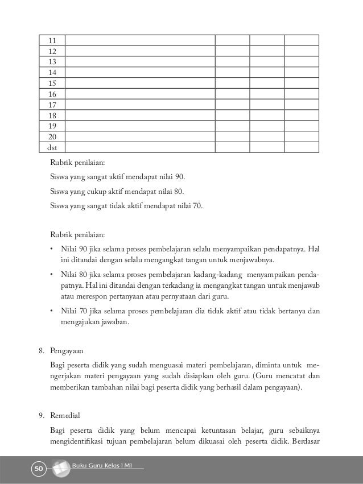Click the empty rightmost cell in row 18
tap(301, 115)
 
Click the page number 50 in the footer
tap(38, 469)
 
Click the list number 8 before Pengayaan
tap(41, 351)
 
